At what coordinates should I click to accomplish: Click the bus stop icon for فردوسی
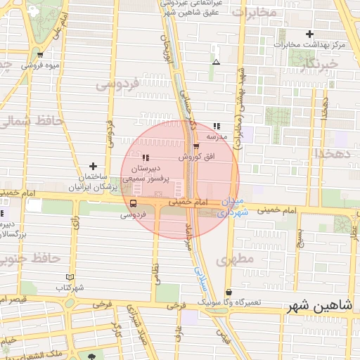[133, 203]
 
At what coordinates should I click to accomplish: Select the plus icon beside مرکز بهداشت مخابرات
[309, 34]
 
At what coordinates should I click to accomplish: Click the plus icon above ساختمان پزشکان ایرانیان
[92, 166]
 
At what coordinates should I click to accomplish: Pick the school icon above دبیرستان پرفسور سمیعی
[146, 157]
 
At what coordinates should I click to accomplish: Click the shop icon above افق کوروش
[196, 146]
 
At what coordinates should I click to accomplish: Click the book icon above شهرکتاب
[69, 277]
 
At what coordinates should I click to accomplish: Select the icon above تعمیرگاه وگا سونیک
[229, 292]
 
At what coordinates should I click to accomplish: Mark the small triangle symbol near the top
[215, 63]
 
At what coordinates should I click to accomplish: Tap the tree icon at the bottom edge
[92, 356]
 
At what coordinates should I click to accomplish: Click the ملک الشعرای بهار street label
[53, 354]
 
